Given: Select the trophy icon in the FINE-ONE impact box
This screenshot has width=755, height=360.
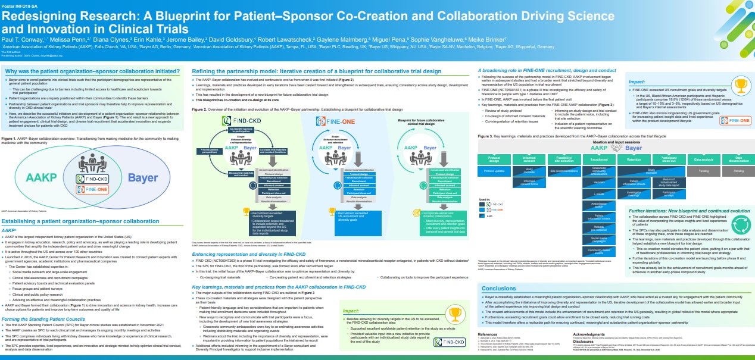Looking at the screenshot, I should [x=741, y=84].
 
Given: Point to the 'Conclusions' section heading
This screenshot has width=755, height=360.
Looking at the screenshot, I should [x=498, y=288].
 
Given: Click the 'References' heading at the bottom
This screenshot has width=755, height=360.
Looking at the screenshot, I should [x=488, y=335].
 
